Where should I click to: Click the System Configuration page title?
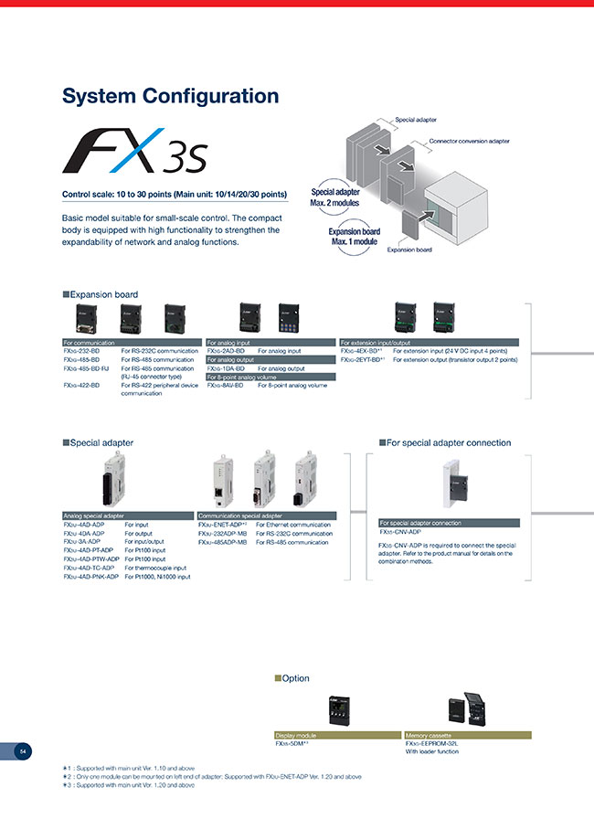170,96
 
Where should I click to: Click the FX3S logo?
135,152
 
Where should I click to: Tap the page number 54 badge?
24,751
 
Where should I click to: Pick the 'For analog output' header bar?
270,360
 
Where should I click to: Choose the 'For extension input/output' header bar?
429,342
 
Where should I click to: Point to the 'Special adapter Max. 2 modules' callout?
335,197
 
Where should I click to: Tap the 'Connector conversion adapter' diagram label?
468,142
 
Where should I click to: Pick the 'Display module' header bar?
337,734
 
